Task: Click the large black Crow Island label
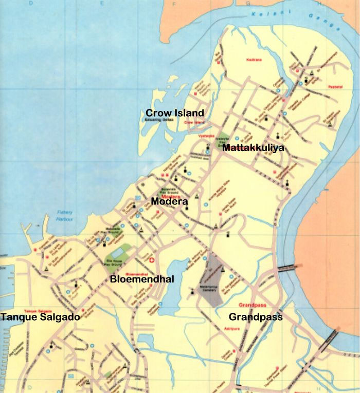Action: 174,113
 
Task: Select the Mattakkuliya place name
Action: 253,148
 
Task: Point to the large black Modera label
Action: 169,202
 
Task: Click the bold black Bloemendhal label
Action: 142,279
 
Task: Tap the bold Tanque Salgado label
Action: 40,317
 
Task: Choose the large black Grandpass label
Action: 256,317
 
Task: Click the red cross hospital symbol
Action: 151,260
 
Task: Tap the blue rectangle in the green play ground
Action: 118,252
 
